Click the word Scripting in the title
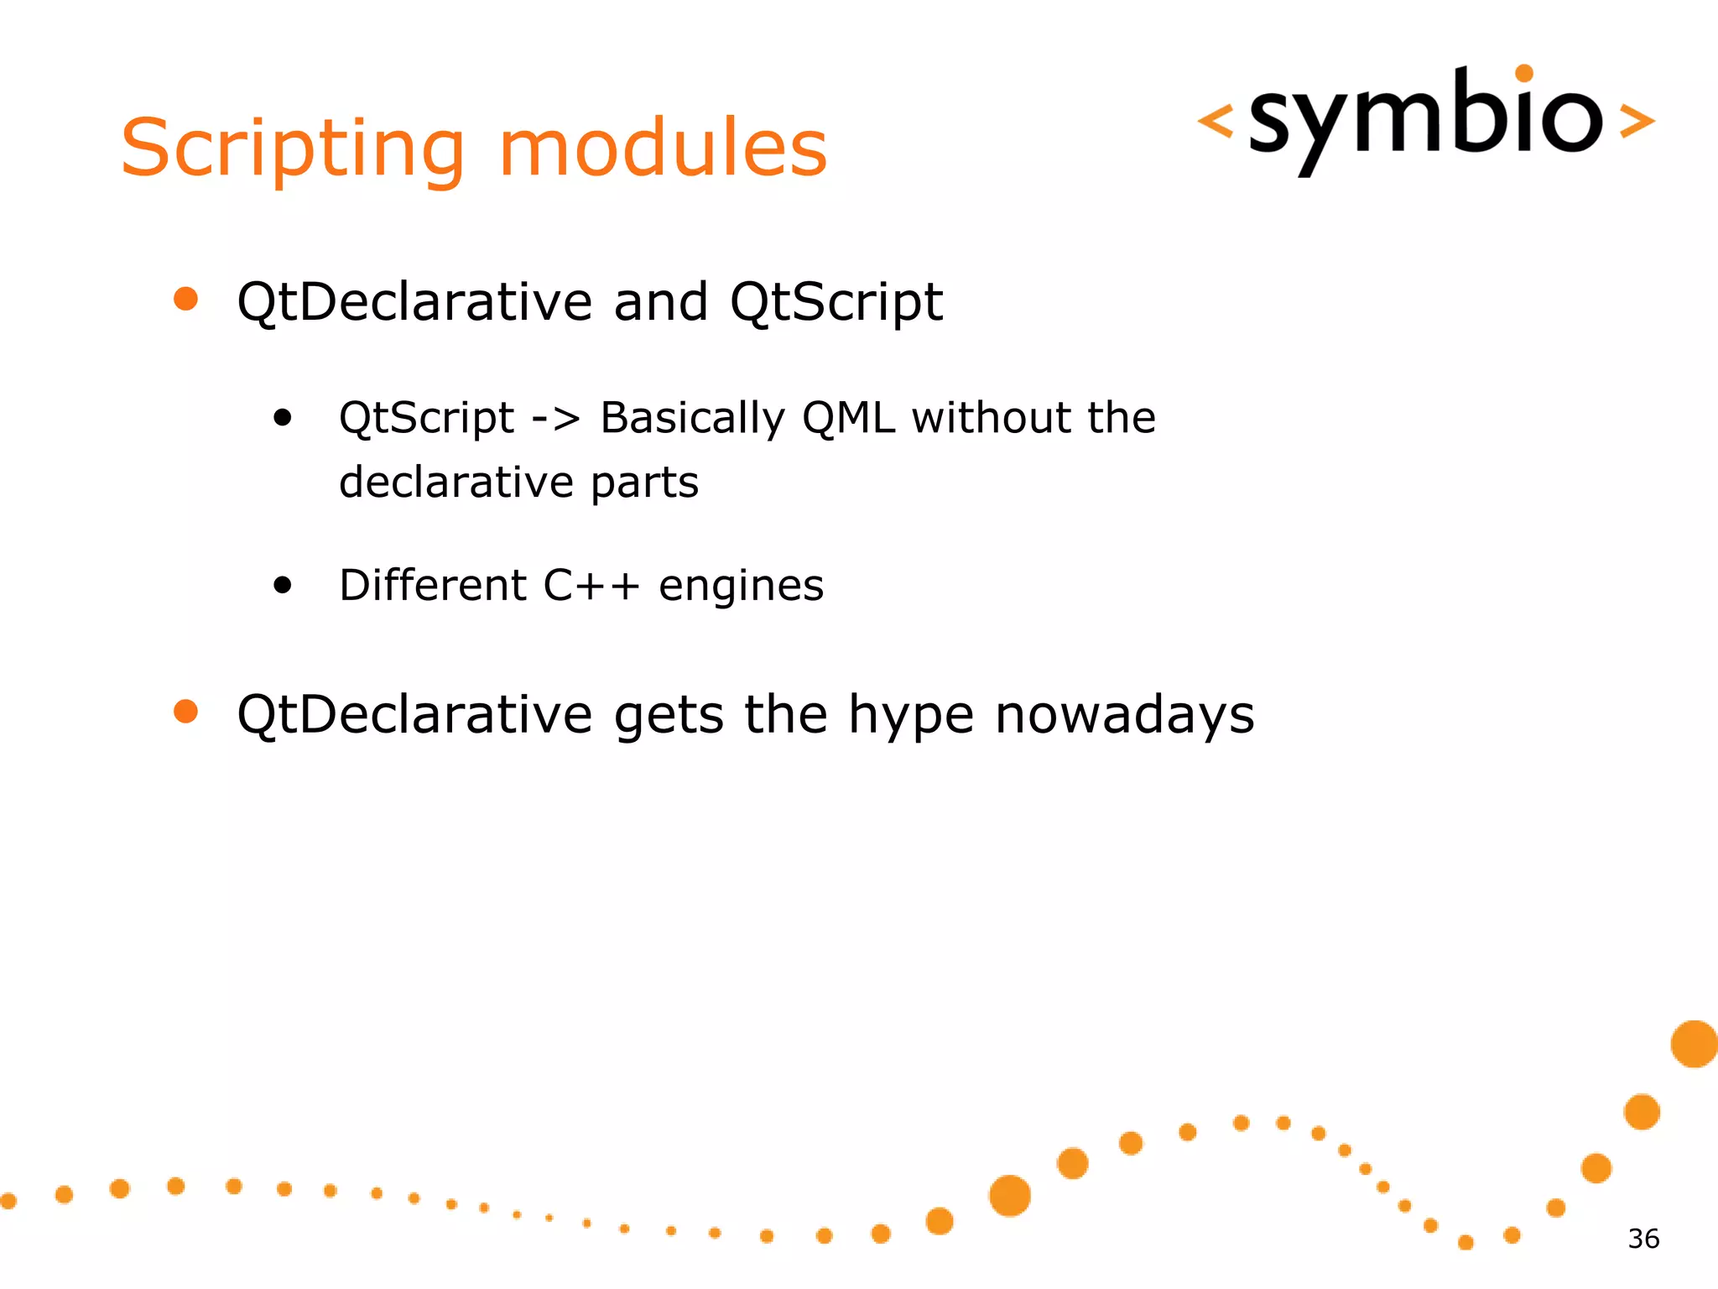click(292, 149)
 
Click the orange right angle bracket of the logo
click(1636, 121)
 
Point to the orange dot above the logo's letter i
click(1525, 74)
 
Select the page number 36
click(1643, 1239)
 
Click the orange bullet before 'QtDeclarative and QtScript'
click(185, 299)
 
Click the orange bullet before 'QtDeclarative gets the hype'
click(185, 712)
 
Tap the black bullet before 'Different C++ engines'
click(283, 585)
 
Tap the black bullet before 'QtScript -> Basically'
click(283, 417)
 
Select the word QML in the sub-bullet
click(848, 418)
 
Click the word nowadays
click(1124, 715)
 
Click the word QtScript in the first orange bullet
click(836, 302)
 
